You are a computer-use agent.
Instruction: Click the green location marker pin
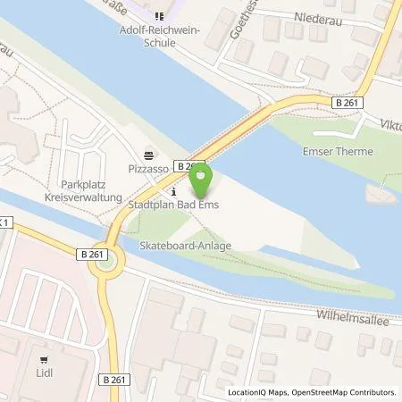(202, 180)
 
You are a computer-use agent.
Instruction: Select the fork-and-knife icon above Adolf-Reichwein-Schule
(160, 15)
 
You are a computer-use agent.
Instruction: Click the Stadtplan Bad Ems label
(176, 207)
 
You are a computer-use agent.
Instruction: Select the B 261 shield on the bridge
(188, 166)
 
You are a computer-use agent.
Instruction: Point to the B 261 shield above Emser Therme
(349, 103)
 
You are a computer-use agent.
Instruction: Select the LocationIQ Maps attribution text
(258, 392)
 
